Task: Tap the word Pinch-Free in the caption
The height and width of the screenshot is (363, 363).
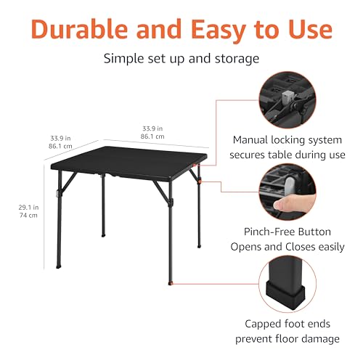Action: coord(264,232)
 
